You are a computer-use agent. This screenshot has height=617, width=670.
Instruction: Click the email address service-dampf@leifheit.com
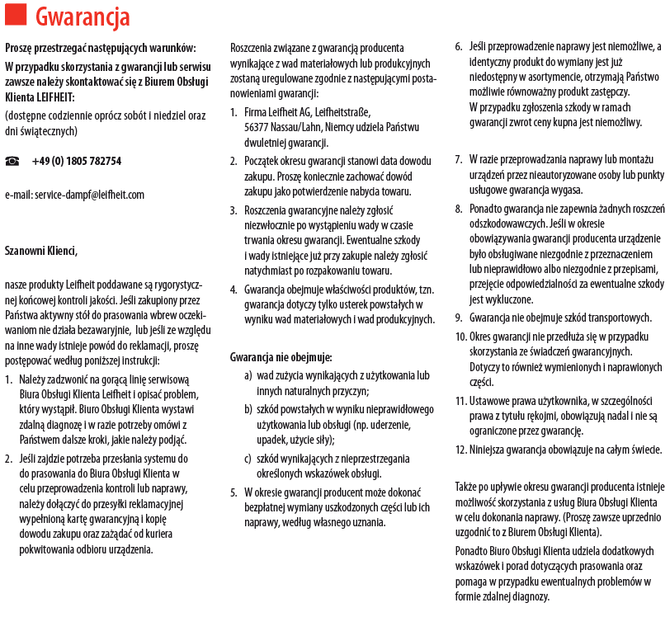coord(74,195)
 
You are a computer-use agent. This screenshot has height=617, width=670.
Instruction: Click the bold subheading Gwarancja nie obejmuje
coord(281,357)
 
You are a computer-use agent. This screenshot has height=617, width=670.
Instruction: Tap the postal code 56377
coord(261,127)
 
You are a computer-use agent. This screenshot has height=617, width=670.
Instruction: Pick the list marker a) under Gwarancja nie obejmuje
coord(248,375)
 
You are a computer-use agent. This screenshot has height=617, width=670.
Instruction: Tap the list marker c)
coord(248,459)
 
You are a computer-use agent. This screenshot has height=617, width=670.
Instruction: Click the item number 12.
coord(460,450)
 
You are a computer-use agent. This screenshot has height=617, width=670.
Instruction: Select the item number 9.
coord(458,318)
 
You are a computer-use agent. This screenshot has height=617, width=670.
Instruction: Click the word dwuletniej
coord(269,142)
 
